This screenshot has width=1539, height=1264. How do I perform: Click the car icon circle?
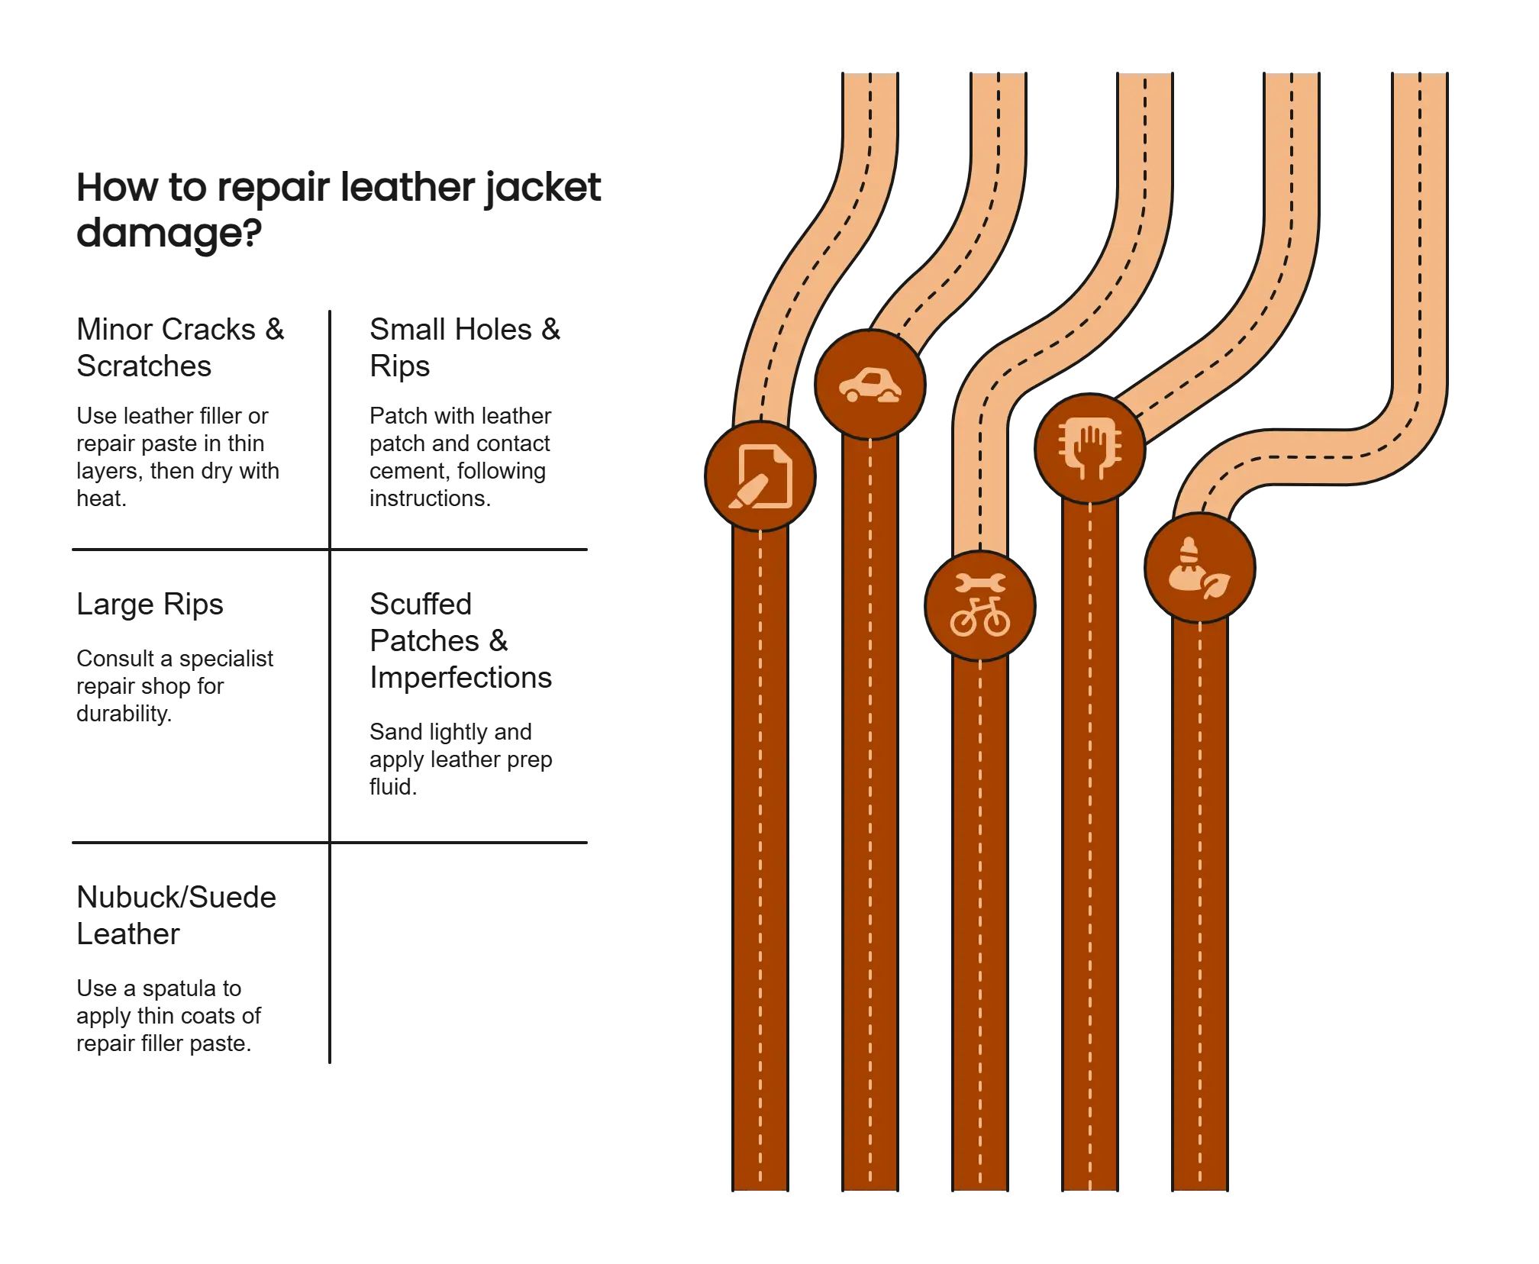click(x=870, y=385)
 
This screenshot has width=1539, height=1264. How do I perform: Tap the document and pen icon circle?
click(x=760, y=476)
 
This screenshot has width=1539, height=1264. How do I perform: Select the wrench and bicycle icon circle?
click(x=980, y=605)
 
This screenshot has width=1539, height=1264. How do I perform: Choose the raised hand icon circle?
click(x=1090, y=448)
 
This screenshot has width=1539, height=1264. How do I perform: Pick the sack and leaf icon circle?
click(x=1199, y=568)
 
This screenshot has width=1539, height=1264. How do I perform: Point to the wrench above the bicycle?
click(x=980, y=585)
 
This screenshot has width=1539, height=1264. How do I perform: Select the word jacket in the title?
click(x=542, y=188)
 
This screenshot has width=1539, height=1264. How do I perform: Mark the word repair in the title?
click(x=267, y=188)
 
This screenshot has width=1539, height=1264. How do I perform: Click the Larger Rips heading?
click(x=150, y=607)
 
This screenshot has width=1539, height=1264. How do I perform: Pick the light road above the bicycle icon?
click(x=981, y=489)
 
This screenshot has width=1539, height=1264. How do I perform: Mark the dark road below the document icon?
click(x=760, y=840)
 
